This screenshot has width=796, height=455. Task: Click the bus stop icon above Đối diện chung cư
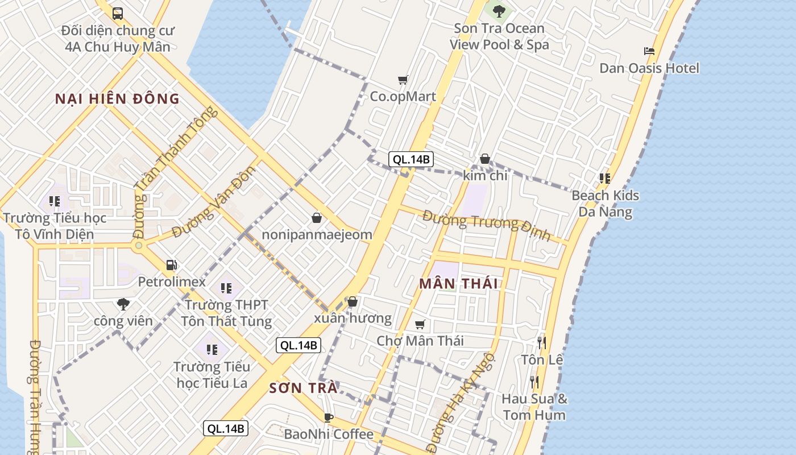[118, 13]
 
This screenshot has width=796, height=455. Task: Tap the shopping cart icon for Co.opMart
[403, 80]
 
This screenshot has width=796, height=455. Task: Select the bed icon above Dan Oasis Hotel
[649, 51]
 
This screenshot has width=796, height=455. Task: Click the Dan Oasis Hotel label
[649, 68]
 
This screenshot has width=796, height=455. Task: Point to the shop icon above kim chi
[484, 159]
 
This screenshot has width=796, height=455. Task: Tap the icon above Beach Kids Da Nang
[605, 179]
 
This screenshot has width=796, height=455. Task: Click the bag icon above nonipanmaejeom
[317, 217]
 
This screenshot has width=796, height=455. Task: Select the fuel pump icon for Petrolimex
[171, 264]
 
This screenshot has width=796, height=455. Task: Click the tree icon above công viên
[123, 304]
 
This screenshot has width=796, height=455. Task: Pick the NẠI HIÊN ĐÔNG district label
[117, 99]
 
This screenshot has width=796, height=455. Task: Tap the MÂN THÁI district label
[458, 283]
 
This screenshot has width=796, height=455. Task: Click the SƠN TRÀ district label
[303, 388]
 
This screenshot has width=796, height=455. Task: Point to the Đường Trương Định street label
[487, 224]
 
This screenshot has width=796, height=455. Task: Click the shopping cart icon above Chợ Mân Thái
[420, 324]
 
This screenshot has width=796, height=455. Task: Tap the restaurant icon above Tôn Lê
[541, 342]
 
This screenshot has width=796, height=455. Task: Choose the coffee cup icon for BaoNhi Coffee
[329, 417]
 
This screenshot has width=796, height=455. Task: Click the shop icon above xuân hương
[353, 301]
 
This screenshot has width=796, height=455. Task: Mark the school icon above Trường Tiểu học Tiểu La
[212, 349]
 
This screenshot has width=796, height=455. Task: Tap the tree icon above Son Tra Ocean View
[499, 11]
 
